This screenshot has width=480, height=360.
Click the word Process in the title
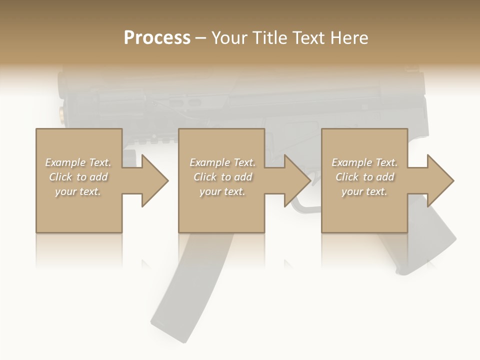157,38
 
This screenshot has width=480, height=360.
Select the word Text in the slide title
309,38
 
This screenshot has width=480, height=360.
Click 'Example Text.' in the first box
78,162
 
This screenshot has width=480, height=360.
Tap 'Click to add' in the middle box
222,177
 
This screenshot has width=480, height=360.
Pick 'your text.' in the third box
364,191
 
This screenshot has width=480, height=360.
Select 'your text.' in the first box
78,191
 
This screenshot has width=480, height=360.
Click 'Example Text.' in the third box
364,162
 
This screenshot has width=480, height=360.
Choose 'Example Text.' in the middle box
222,162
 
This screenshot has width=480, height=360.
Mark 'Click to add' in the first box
78,177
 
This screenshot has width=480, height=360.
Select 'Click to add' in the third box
364,177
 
